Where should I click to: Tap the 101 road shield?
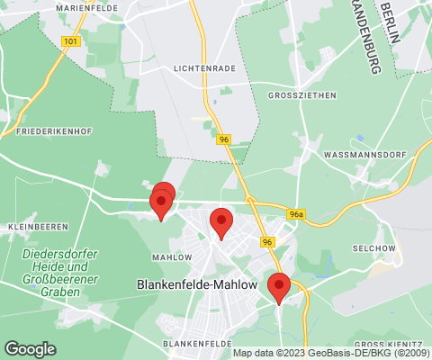coord(69,41)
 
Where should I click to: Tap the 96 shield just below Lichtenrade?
coord(223,139)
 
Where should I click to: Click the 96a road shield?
coord(297,214)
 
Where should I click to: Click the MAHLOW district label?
coord(172,257)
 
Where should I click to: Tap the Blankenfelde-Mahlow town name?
coord(197,283)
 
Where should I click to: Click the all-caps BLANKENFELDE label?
coord(192,344)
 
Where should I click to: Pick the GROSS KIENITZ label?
coord(386,345)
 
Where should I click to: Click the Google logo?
coord(30,348)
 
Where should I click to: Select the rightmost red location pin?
coord(279,287)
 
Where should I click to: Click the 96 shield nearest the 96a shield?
coord(267,242)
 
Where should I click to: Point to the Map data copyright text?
coord(331,353)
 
